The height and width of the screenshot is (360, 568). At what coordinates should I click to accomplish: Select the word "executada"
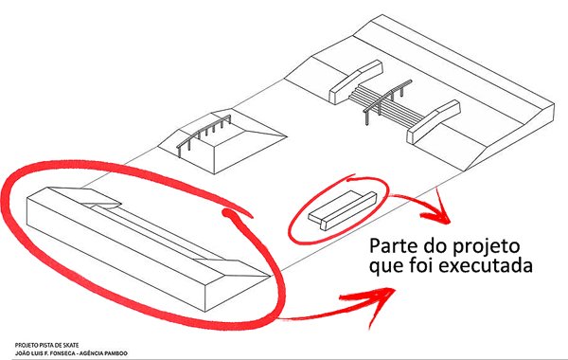click(x=486, y=265)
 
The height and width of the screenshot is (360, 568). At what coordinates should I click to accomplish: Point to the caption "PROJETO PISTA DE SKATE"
click(x=46, y=345)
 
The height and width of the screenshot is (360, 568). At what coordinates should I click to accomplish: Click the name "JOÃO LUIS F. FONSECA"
click(x=44, y=353)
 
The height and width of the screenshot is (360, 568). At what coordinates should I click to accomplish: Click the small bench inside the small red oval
click(x=343, y=211)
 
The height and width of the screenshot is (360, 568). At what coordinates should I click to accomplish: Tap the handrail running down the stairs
click(x=388, y=101)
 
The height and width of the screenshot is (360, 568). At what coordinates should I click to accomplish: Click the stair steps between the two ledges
click(x=386, y=107)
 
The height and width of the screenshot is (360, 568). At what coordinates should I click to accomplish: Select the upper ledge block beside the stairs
click(x=356, y=81)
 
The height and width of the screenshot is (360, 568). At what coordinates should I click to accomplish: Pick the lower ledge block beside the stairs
click(x=434, y=121)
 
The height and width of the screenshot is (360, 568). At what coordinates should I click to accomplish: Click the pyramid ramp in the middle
click(x=222, y=141)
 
